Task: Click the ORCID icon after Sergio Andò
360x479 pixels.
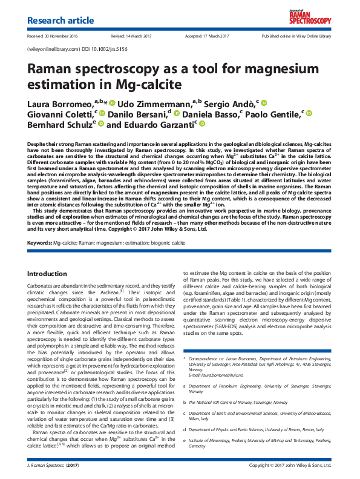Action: [264, 102]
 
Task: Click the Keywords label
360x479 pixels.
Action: [39, 243]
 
